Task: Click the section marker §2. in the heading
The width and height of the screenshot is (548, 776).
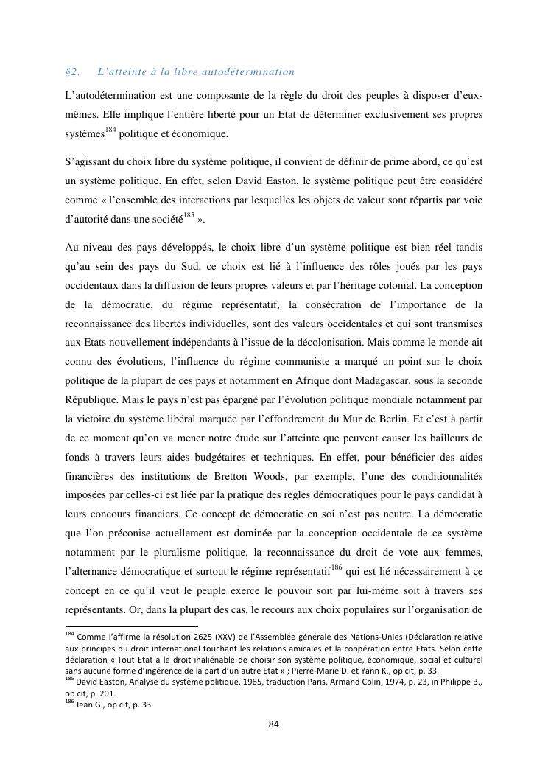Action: [72, 72]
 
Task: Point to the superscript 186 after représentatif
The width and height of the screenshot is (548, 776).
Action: [337, 567]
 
